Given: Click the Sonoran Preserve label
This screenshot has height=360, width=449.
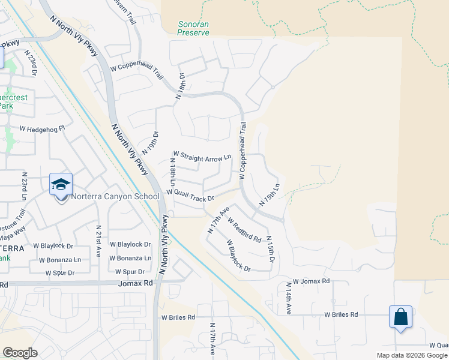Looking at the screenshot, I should [x=193, y=29].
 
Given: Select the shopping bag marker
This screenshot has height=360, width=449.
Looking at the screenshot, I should [x=400, y=317].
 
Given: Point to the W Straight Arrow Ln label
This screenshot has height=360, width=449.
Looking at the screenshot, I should [x=202, y=155].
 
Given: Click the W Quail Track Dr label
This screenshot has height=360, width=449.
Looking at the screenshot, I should [x=190, y=195].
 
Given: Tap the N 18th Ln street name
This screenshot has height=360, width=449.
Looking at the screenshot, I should [x=173, y=170].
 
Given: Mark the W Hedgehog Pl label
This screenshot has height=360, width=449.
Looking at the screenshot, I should [x=42, y=128].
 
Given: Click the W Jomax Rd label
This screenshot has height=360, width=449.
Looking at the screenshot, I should [x=307, y=281].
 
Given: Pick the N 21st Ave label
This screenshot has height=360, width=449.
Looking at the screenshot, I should [x=98, y=237].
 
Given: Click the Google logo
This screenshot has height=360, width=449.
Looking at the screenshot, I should [x=20, y=353].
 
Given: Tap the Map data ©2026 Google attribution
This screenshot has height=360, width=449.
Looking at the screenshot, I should [x=411, y=355].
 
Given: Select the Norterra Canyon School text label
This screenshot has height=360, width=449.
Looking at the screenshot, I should [x=115, y=196].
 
